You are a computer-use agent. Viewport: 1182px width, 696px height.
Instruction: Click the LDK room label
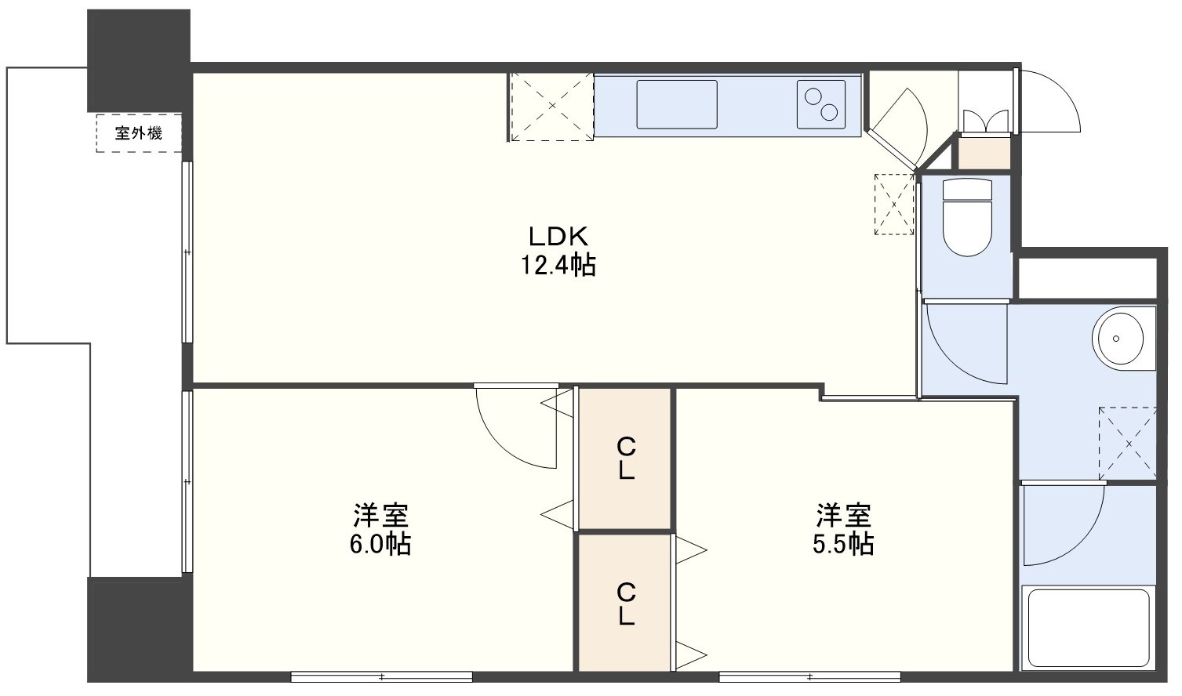pyautogui.click(x=558, y=237)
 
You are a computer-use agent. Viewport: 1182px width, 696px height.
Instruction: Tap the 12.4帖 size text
pyautogui.click(x=558, y=265)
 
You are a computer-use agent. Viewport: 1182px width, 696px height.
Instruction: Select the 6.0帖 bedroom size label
pyautogui.click(x=380, y=544)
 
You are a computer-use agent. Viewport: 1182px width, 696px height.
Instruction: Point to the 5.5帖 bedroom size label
pyautogui.click(x=843, y=544)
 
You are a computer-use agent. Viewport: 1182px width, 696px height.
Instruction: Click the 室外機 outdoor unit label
pyautogui.click(x=139, y=133)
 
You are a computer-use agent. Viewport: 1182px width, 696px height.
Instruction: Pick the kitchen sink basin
pyautogui.click(x=677, y=104)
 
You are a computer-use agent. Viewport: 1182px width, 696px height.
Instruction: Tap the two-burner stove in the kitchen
pyautogui.click(x=821, y=104)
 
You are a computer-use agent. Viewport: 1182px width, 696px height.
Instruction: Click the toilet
pyautogui.click(x=967, y=217)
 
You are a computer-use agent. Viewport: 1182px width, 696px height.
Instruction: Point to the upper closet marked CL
pyautogui.click(x=625, y=459)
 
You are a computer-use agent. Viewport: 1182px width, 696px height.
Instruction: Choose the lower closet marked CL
pyautogui.click(x=625, y=604)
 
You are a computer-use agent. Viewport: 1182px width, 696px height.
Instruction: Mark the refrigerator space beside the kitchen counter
pyautogui.click(x=552, y=107)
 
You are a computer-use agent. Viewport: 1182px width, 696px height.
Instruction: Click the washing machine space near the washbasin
pyautogui.click(x=1128, y=444)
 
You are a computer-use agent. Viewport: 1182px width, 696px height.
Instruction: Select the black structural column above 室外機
pyautogui.click(x=139, y=60)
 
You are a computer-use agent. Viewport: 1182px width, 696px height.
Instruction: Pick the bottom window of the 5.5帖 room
pyautogui.click(x=810, y=676)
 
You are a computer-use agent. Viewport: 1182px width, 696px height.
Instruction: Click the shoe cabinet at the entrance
pyautogui.click(x=984, y=152)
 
